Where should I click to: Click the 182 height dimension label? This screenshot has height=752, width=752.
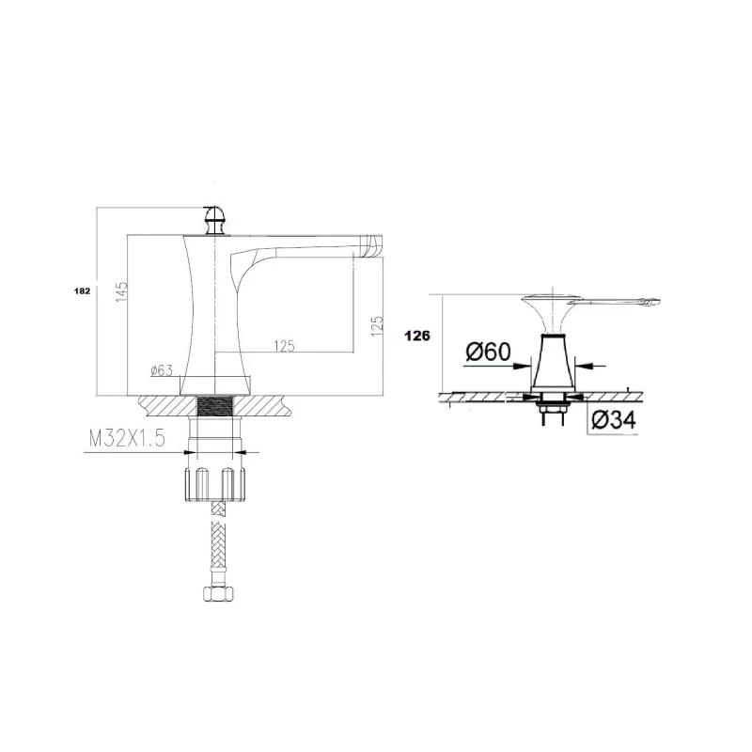point(83,290)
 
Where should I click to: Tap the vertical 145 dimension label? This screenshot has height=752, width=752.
point(121,291)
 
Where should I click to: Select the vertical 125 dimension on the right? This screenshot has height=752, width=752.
point(377,325)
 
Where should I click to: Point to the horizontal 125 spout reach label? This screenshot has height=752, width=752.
point(284,346)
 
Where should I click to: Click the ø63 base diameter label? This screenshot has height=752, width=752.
point(161,370)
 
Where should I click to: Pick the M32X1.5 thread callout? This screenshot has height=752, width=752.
point(127,438)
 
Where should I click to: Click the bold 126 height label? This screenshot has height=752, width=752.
point(417,336)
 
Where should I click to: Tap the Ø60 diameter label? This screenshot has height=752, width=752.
point(488,352)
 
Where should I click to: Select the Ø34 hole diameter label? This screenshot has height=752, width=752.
point(614,420)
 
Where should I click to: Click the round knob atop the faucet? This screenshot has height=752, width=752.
point(214,220)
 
